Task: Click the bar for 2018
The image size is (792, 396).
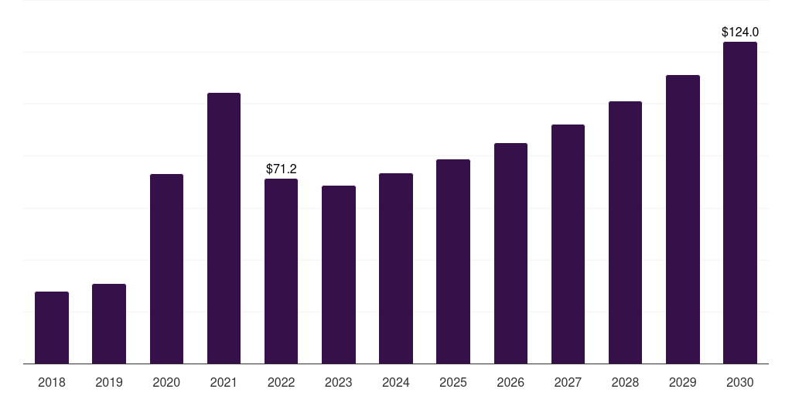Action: click(x=52, y=327)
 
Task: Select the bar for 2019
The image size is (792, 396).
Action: click(x=109, y=324)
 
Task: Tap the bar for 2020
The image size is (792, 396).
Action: click(x=167, y=268)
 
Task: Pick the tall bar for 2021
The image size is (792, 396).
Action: click(x=224, y=228)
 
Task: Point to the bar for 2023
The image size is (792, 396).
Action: click(x=339, y=275)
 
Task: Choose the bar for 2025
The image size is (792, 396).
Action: click(x=453, y=261)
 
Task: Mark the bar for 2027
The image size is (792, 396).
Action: click(x=568, y=244)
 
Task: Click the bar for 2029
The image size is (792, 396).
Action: click(x=683, y=219)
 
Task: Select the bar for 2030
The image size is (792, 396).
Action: click(x=740, y=203)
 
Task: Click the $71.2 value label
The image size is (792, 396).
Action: click(x=282, y=169)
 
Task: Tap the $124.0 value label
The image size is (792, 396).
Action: click(x=740, y=32)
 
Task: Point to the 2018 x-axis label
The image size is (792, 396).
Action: click(x=52, y=382)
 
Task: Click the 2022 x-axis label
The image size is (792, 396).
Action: click(x=282, y=382)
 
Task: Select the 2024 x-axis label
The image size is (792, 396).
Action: click(x=396, y=382)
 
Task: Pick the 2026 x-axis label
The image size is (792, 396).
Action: click(x=510, y=382)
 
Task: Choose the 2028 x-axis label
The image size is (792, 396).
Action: click(x=625, y=382)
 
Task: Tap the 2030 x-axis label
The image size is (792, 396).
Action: click(x=740, y=382)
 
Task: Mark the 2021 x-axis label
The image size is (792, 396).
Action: click(x=224, y=382)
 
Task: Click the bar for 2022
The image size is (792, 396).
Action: click(x=282, y=271)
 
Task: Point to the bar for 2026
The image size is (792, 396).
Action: click(x=510, y=254)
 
